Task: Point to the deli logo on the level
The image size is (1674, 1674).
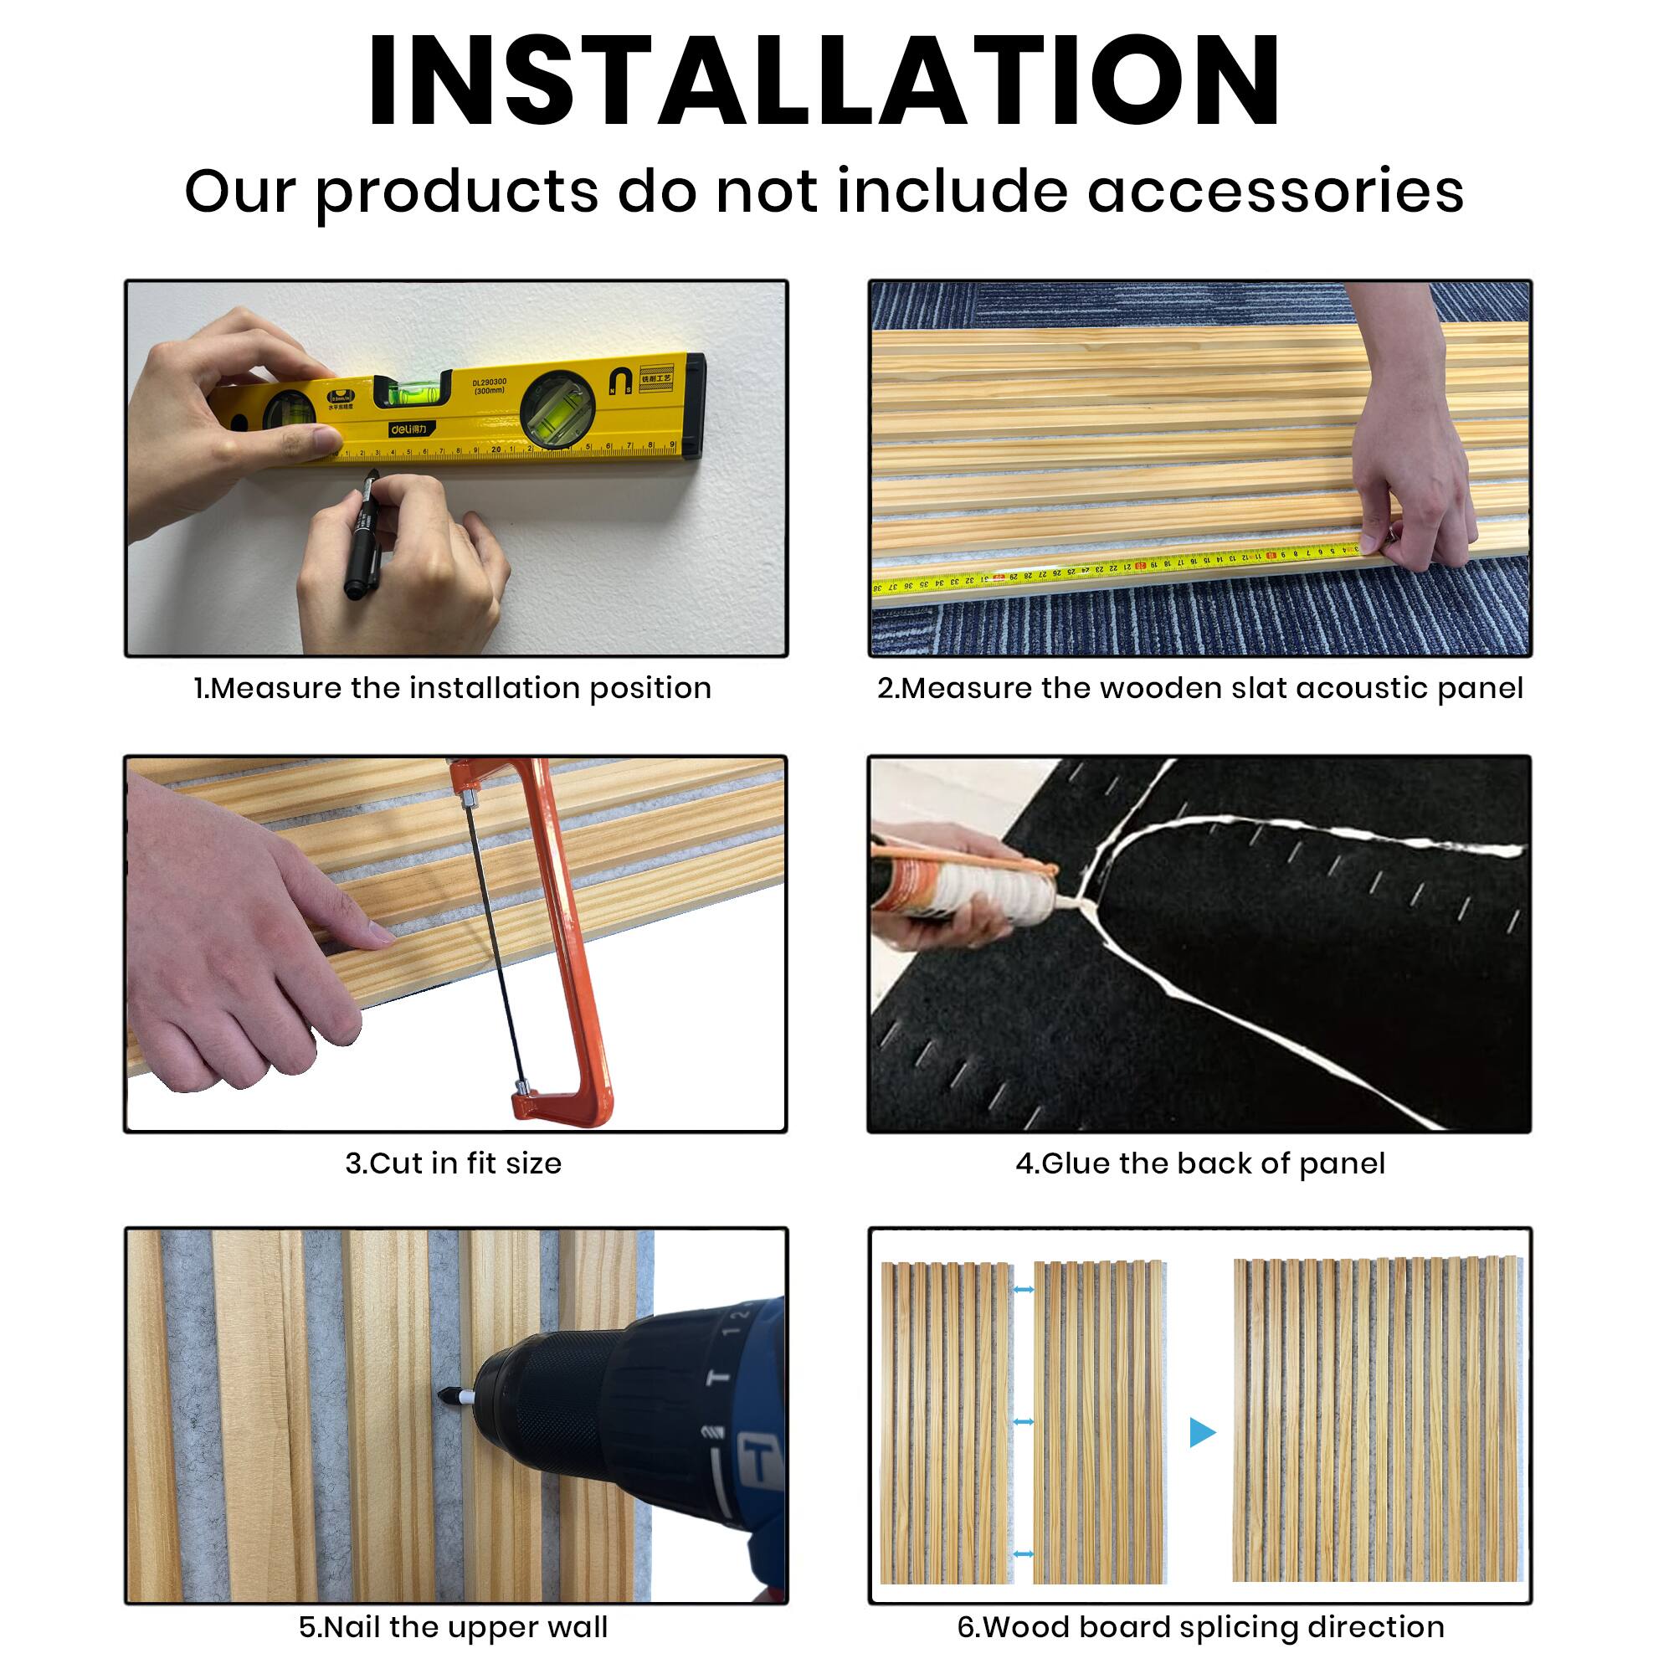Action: click(x=408, y=428)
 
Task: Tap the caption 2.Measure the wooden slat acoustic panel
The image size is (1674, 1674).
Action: click(x=1199, y=689)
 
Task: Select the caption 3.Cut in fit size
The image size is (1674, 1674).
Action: click(x=453, y=1163)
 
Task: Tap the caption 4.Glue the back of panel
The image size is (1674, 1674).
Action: click(x=1200, y=1163)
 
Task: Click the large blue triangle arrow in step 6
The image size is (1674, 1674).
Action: click(x=1202, y=1432)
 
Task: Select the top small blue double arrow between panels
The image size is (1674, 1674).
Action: click(x=1024, y=1290)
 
